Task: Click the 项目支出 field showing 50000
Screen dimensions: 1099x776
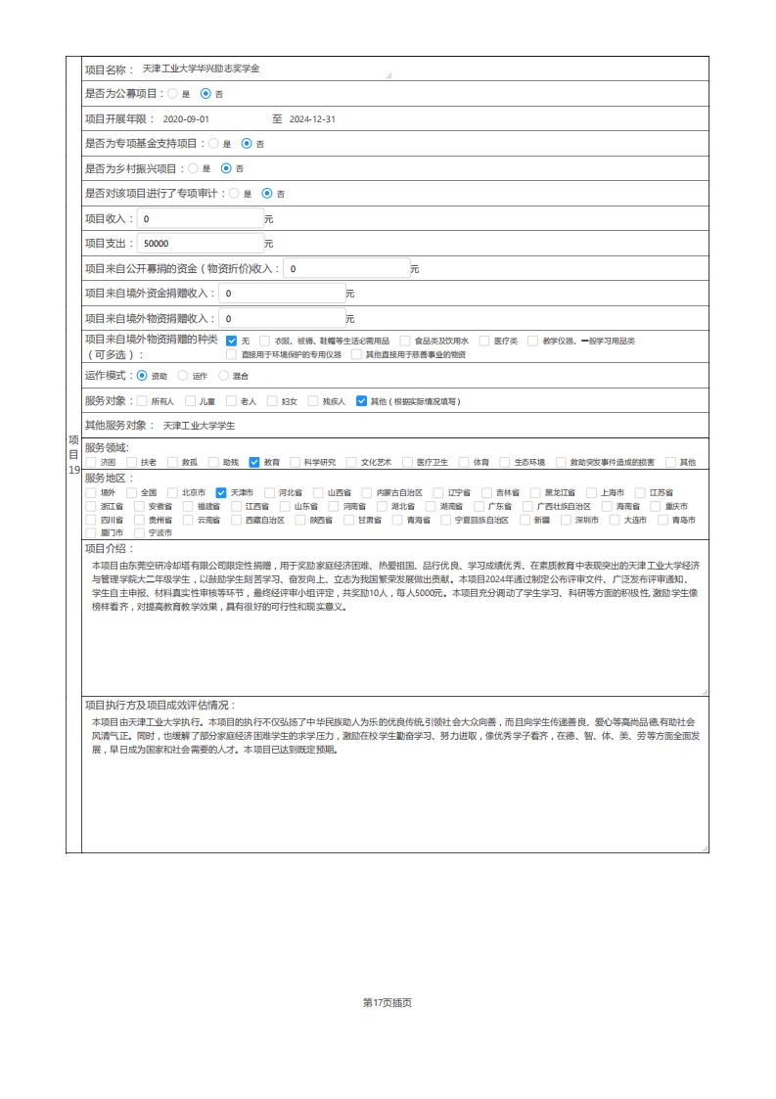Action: (200, 244)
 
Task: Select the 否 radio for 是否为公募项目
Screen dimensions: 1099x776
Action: (205, 94)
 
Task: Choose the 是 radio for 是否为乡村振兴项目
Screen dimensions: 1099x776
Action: (193, 168)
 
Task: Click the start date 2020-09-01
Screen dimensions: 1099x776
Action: (186, 118)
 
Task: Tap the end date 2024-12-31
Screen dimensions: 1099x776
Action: (312, 118)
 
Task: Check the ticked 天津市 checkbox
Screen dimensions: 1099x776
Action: (221, 492)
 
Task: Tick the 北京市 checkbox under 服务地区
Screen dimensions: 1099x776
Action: (173, 492)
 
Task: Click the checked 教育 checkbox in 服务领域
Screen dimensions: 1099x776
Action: (254, 462)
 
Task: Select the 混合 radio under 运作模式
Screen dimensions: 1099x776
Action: (224, 375)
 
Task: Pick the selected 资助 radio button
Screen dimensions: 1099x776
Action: (143, 375)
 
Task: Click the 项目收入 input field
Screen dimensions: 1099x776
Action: (200, 218)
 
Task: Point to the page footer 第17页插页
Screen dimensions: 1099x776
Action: (388, 1002)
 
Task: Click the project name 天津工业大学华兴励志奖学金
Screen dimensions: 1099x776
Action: (202, 69)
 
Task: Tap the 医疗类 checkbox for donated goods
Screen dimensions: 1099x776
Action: (484, 341)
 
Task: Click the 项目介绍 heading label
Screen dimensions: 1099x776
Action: (106, 549)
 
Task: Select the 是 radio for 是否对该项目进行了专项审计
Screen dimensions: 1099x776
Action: (234, 194)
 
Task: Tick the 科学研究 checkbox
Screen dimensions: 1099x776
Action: (295, 462)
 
